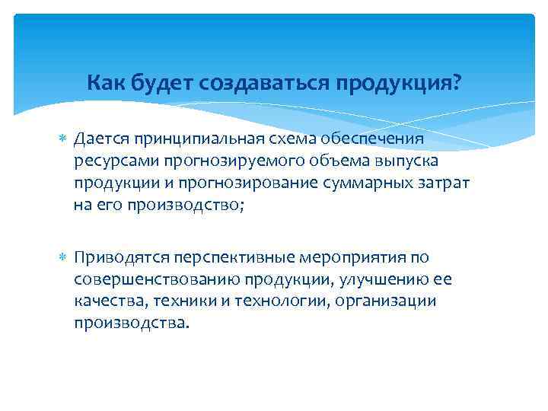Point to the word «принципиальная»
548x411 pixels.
pyautogui.click(x=200, y=139)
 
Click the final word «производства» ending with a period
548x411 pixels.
pyautogui.click(x=129, y=323)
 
